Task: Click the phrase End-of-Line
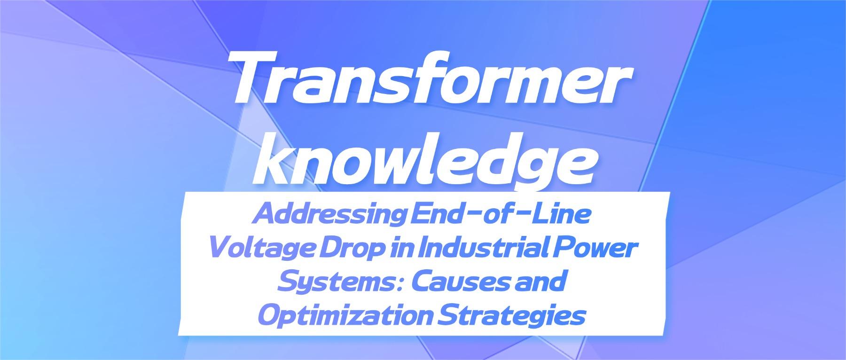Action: coord(501,213)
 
